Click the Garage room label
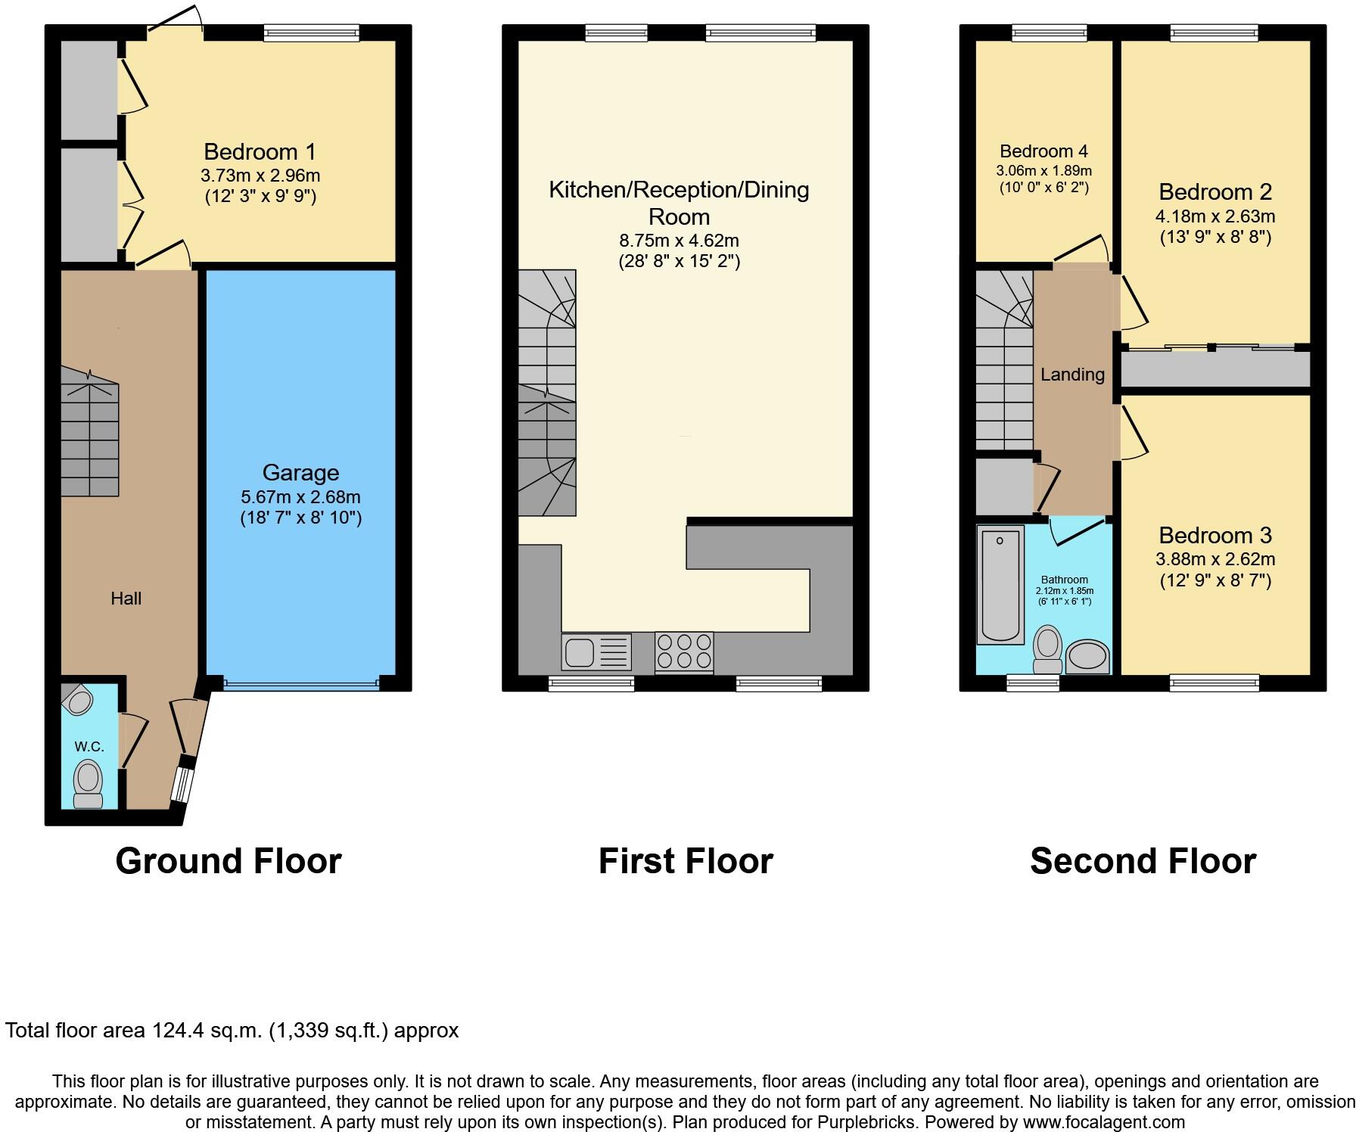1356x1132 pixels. click(x=300, y=473)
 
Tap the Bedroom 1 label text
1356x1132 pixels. click(x=260, y=151)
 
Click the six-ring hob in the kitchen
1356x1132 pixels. click(x=684, y=652)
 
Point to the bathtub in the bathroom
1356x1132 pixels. click(x=1000, y=586)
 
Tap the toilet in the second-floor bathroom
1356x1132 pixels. click(x=1048, y=649)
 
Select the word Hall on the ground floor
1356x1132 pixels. click(x=126, y=599)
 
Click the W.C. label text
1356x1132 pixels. click(x=89, y=747)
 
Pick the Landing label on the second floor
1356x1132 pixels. click(x=1072, y=375)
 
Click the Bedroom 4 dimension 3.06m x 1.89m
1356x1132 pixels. click(x=1043, y=170)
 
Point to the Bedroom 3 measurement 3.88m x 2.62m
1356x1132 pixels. click(x=1214, y=560)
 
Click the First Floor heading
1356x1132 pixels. click(x=686, y=861)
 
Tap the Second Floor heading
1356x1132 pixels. click(x=1143, y=861)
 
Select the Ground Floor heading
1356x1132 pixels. click(x=229, y=861)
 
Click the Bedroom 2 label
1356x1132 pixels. click(x=1215, y=191)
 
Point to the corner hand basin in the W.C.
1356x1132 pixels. click(x=77, y=700)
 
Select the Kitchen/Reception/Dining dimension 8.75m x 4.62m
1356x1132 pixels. click(x=679, y=241)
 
